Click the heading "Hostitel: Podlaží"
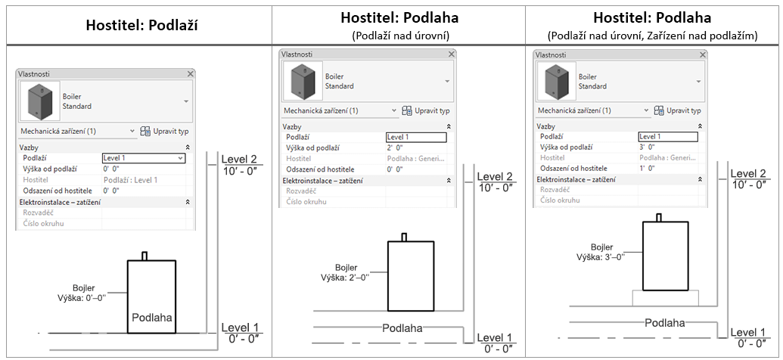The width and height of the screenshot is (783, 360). [x=141, y=26]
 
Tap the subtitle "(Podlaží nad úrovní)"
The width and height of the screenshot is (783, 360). [x=399, y=36]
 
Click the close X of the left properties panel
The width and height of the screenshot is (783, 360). [x=190, y=73]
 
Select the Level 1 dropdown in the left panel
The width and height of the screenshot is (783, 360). [x=144, y=158]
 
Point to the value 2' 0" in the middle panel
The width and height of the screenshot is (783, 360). [x=395, y=147]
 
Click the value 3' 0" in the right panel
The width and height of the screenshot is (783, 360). [x=647, y=147]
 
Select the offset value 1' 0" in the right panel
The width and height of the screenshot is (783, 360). [x=647, y=168]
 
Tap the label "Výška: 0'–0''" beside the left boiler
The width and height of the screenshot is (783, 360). [x=83, y=299]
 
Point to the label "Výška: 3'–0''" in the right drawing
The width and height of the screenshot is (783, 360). [x=601, y=256]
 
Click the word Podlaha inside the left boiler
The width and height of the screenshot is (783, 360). [x=152, y=318]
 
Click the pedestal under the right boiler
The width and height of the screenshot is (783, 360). [x=665, y=297]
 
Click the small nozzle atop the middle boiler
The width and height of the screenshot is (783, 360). [x=404, y=237]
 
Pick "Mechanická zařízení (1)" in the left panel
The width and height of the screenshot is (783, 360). [x=57, y=132]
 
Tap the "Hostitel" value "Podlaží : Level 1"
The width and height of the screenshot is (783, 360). [x=130, y=180]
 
